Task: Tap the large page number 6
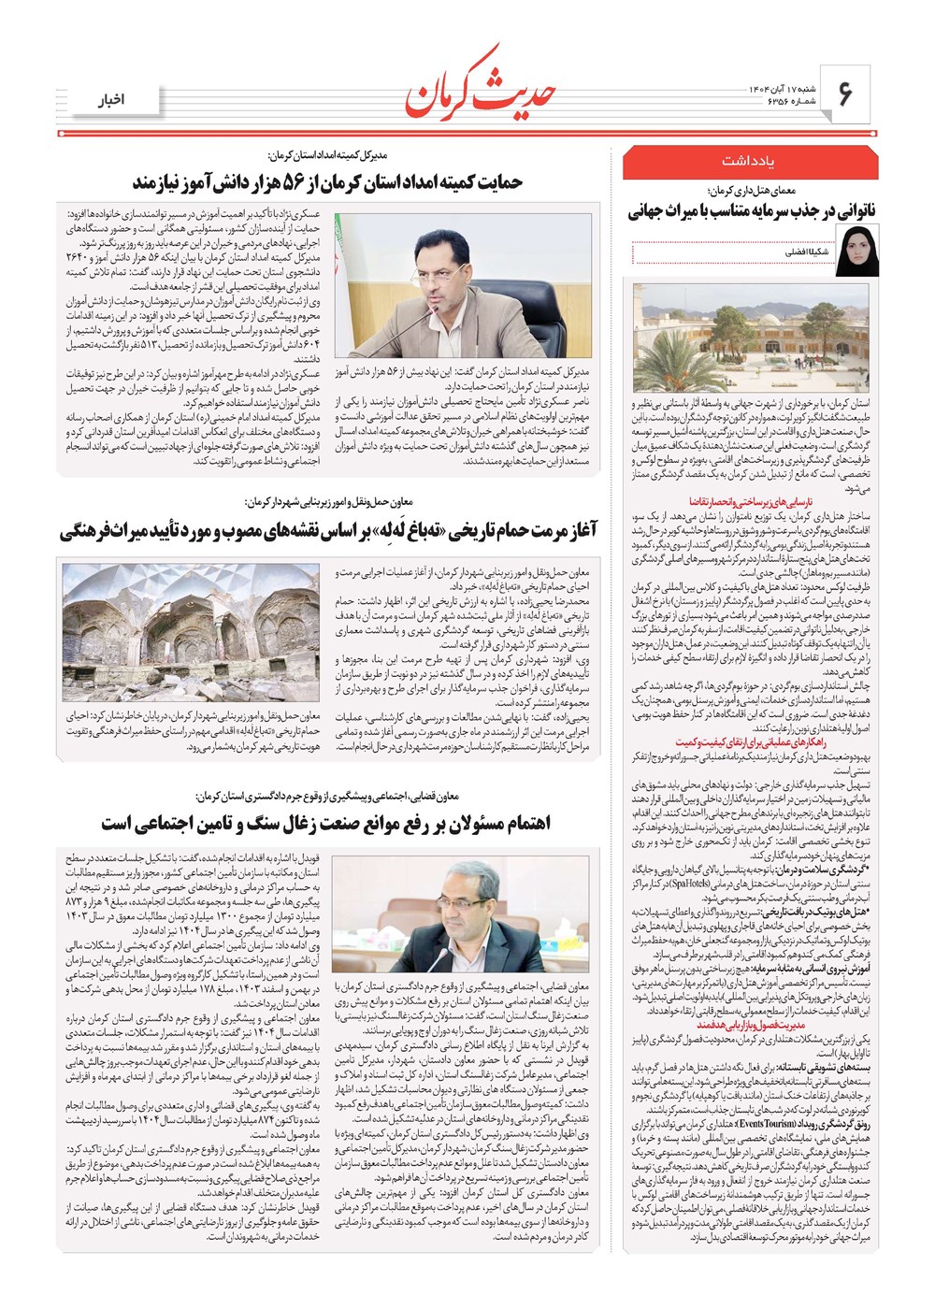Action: click(x=847, y=93)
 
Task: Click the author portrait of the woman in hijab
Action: click(x=857, y=251)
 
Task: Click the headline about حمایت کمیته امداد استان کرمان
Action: click(x=327, y=181)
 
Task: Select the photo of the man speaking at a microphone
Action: click(x=463, y=286)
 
